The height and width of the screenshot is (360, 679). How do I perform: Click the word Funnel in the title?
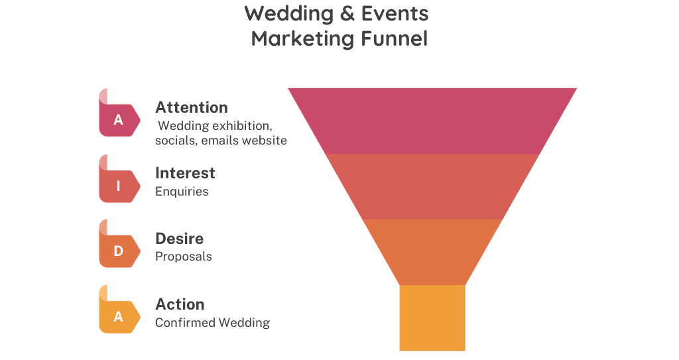click(x=394, y=38)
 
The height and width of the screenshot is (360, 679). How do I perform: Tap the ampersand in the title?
click(x=347, y=13)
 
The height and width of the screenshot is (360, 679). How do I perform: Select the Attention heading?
click(x=192, y=107)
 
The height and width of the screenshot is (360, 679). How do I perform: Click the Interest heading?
click(x=185, y=173)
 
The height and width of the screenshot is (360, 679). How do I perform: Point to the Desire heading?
click(x=179, y=239)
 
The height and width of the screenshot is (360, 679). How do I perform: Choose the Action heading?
click(x=180, y=304)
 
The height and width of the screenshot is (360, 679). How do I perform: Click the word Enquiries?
click(x=182, y=192)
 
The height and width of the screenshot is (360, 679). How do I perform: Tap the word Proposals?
click(x=184, y=257)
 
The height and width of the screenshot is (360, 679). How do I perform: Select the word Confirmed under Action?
click(x=186, y=322)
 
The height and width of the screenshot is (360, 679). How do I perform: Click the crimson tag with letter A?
click(x=119, y=113)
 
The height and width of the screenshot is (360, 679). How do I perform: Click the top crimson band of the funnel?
click(x=432, y=121)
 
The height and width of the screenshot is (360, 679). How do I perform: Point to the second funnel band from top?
click(x=432, y=186)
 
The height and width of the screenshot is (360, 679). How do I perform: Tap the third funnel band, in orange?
click(x=432, y=252)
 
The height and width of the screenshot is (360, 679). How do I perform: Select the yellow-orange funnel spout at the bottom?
click(x=432, y=318)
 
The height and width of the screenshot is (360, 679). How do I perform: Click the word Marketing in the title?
click(x=302, y=39)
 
